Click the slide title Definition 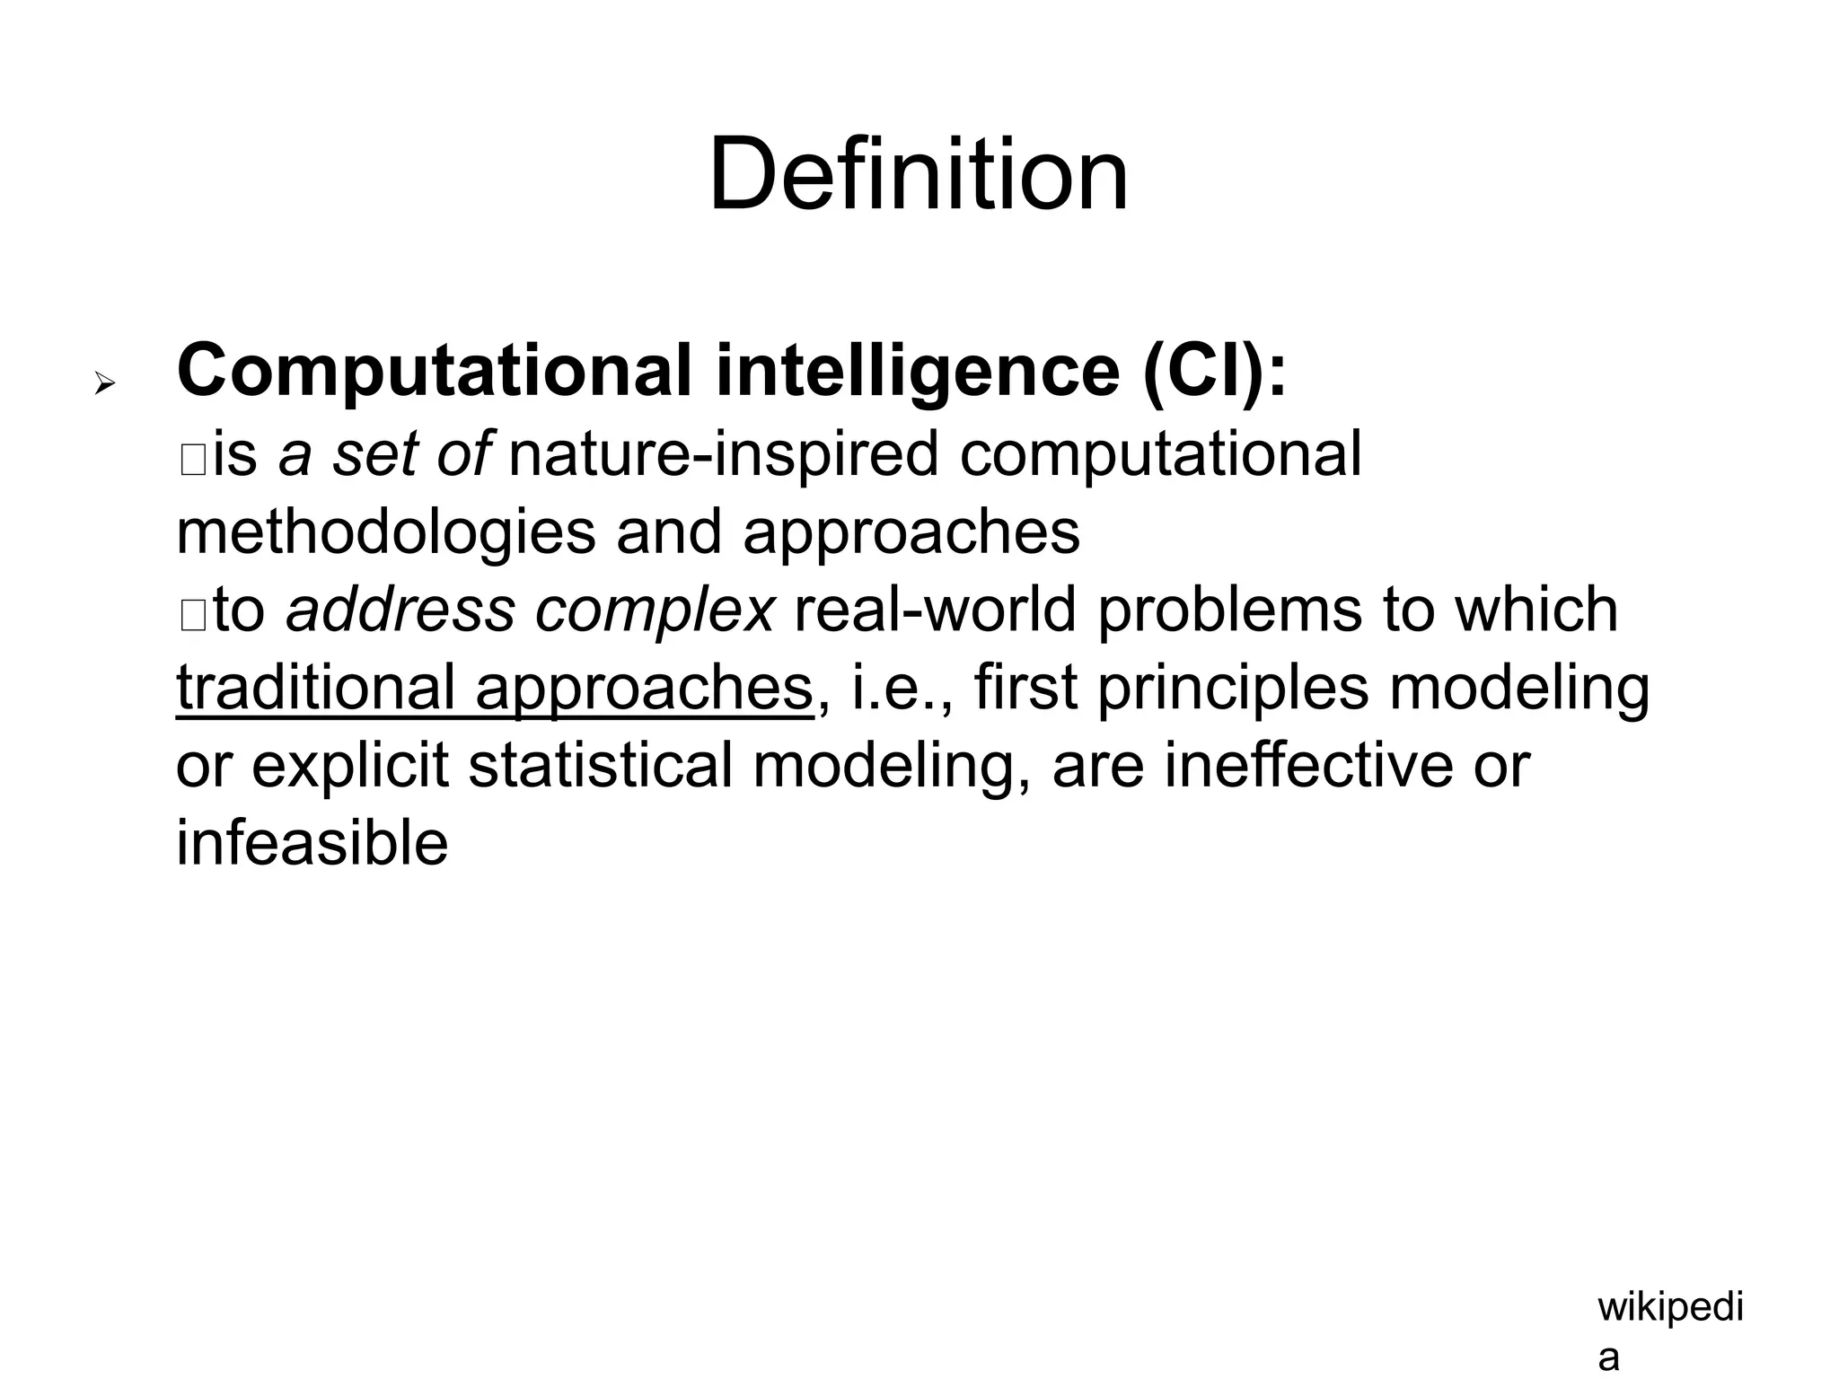[x=918, y=174]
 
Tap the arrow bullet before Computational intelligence [x=105, y=385]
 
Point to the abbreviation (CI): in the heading [x=1215, y=370]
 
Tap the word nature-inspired [x=723, y=453]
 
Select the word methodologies [x=385, y=531]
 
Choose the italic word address [x=400, y=610]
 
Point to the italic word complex [x=654, y=610]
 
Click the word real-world [x=935, y=610]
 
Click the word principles [x=1233, y=688]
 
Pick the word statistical [x=600, y=766]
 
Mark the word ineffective [x=1308, y=766]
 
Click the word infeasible [x=312, y=844]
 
